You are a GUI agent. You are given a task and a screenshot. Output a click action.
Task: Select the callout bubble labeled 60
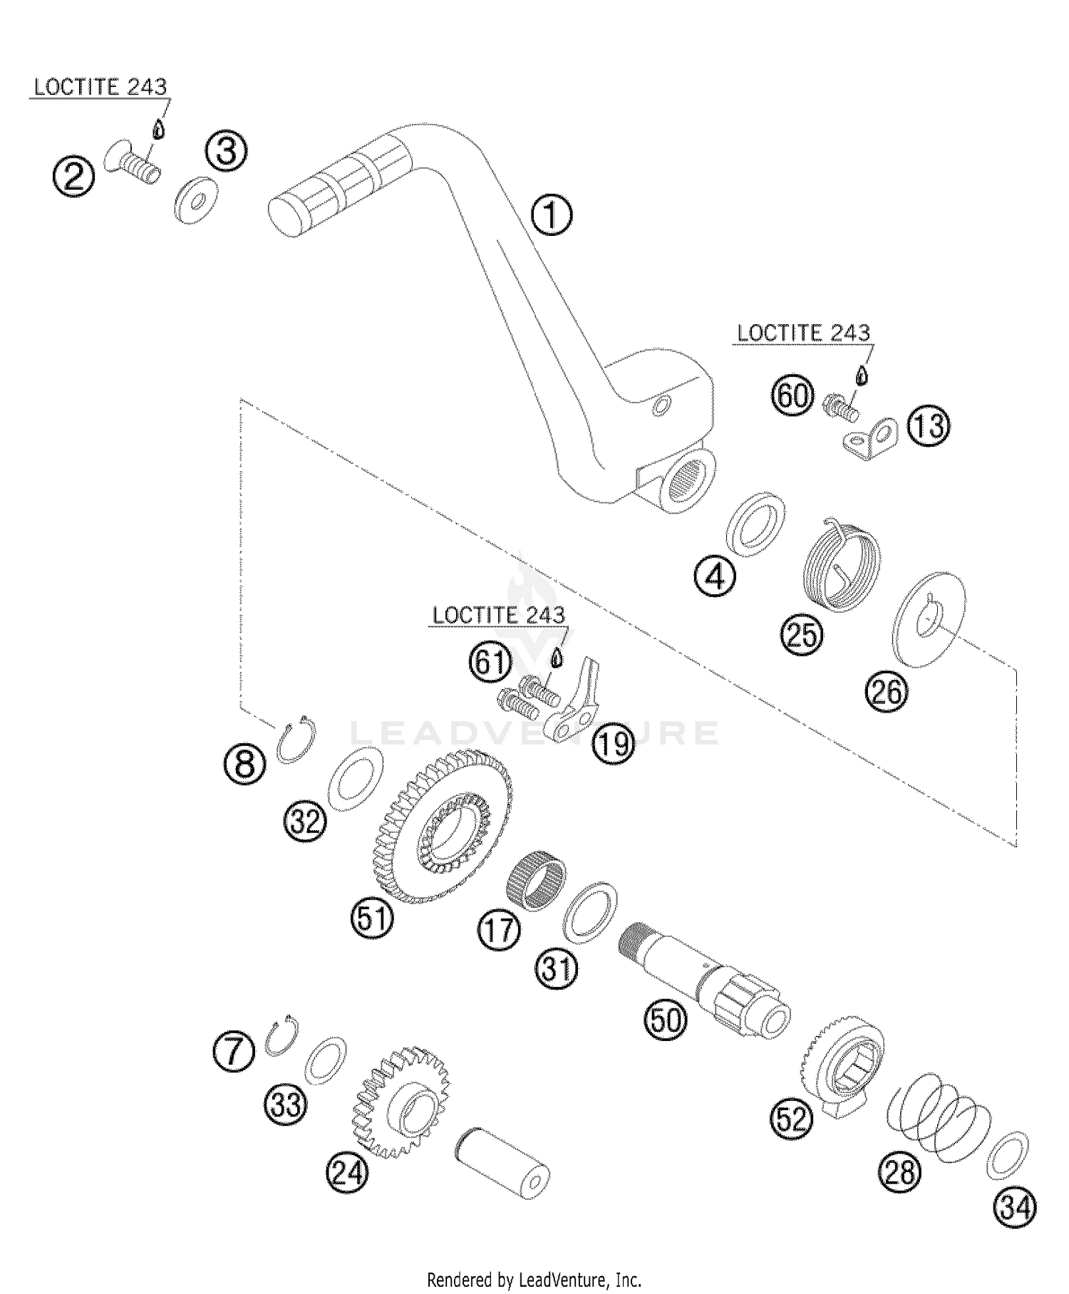(792, 394)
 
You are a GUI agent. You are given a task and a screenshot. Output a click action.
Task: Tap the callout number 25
(801, 633)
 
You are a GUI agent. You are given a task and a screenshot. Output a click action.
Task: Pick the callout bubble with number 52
(791, 1119)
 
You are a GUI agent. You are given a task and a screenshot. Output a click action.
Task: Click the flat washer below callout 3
(195, 200)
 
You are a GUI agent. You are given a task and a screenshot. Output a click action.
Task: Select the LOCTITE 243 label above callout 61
(498, 615)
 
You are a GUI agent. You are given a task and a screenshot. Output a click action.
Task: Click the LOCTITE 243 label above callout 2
(100, 87)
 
